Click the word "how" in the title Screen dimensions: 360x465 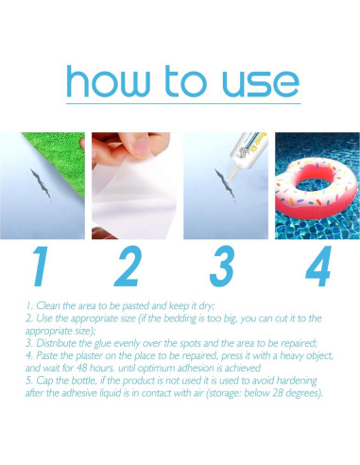(108, 81)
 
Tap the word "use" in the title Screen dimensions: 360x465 (261, 83)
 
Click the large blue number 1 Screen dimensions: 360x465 (42, 267)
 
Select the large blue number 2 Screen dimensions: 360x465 (129, 267)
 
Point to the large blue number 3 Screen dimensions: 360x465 (222, 267)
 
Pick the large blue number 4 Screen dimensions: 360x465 (318, 267)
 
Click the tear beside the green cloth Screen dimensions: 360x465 (41, 184)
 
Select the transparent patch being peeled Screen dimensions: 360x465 (134, 197)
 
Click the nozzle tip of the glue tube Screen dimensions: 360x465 (230, 180)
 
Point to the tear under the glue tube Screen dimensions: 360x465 (225, 184)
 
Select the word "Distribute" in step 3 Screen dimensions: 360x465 (56, 343)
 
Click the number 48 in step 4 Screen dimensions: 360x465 (81, 368)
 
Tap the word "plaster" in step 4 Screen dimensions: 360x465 (89, 356)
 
